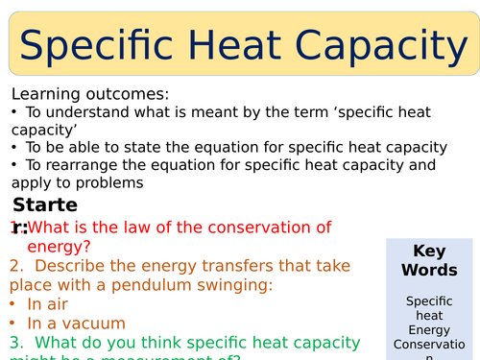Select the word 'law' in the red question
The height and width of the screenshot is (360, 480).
click(171, 228)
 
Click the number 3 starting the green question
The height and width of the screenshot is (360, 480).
click(14, 342)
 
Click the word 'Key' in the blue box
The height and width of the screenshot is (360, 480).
click(428, 252)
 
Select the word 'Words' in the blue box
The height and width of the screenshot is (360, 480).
click(428, 270)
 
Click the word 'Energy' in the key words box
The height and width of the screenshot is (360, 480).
click(428, 331)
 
